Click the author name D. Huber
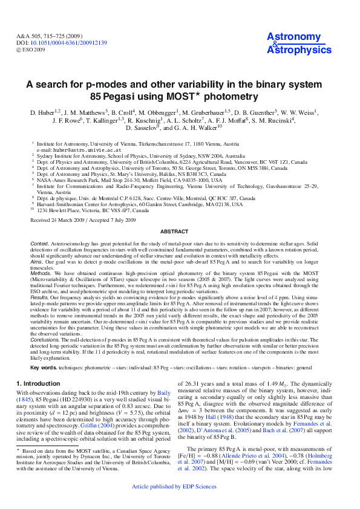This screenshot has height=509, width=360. click(44, 112)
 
